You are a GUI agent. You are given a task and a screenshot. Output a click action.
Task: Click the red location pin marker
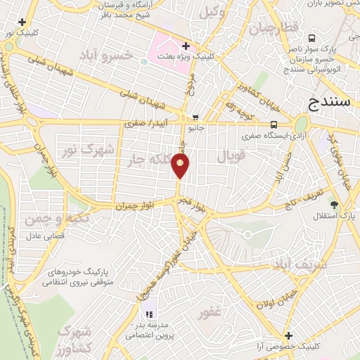click(181, 166)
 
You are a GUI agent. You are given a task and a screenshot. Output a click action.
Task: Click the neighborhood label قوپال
click(231, 156)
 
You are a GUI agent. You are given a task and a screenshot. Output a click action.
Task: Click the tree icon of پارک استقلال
click(334, 206)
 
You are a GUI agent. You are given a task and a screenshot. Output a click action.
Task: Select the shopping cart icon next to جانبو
click(195, 117)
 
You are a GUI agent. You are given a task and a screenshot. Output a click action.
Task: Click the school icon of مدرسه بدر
click(148, 314)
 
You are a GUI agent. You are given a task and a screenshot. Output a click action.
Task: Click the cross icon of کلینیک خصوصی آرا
click(287, 335)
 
